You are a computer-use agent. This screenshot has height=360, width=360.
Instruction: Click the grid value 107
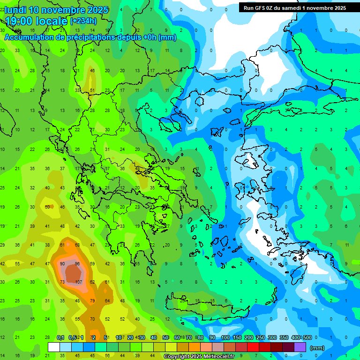pos(78,282)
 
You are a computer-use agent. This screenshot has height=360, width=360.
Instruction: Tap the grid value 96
pos(78,263)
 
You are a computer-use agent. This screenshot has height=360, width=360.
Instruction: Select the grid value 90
pos(62,263)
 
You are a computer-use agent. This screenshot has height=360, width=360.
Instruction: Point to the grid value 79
pos(92,300)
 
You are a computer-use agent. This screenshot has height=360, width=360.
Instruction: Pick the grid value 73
pos(62,282)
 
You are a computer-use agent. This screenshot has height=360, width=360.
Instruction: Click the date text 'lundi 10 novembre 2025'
pos(57,10)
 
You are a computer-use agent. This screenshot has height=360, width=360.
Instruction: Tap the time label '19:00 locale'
pos(37,21)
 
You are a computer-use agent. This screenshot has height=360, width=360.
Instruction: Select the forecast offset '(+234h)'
pos(83,21)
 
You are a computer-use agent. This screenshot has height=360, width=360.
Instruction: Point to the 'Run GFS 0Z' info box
pos(295,7)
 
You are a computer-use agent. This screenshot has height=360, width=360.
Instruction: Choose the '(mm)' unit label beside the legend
pos(317,348)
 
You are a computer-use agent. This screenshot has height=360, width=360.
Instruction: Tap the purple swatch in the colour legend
pos(300,347)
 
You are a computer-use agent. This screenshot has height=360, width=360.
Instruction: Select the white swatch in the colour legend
pos(54,347)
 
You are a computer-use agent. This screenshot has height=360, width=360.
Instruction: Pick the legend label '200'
pos(248,337)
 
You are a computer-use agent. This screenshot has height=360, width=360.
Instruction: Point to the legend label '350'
pos(284,337)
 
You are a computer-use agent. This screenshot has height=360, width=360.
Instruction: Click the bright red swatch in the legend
pos(253,347)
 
